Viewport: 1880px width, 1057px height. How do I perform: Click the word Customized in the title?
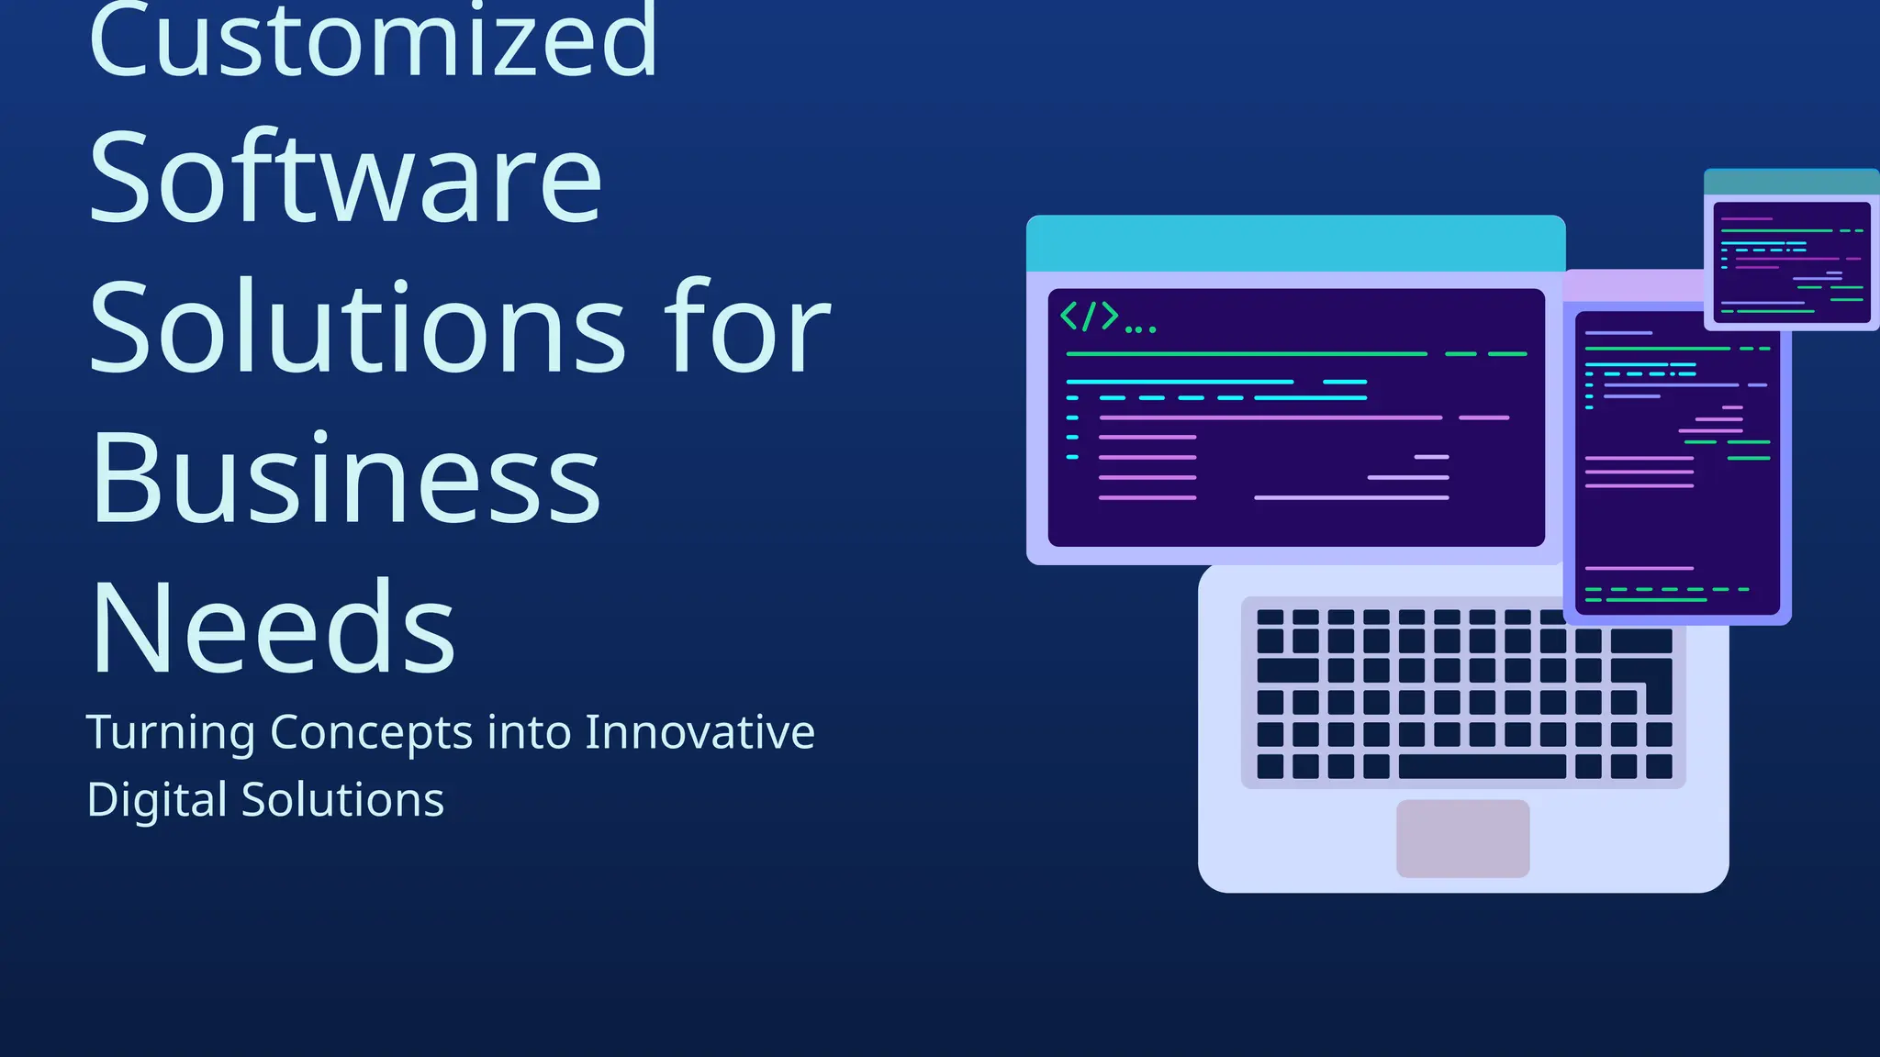click(372, 41)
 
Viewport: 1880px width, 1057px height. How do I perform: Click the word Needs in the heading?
click(273, 629)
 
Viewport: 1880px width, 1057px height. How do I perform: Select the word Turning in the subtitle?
click(171, 733)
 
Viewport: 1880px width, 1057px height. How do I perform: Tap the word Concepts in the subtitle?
click(372, 733)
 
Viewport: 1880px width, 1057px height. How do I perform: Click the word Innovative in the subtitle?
click(699, 733)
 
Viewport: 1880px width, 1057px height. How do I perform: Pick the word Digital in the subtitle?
click(156, 800)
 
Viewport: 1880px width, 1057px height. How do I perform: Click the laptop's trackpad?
click(1462, 838)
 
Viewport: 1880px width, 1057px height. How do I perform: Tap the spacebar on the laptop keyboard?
click(1481, 766)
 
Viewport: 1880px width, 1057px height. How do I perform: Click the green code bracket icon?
click(1090, 317)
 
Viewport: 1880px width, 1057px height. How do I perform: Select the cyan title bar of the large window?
click(1295, 244)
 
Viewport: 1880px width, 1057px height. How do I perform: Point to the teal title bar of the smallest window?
click(1791, 182)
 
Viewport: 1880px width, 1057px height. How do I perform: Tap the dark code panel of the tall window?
click(1676, 523)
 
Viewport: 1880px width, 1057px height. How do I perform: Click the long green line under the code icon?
click(1246, 353)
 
